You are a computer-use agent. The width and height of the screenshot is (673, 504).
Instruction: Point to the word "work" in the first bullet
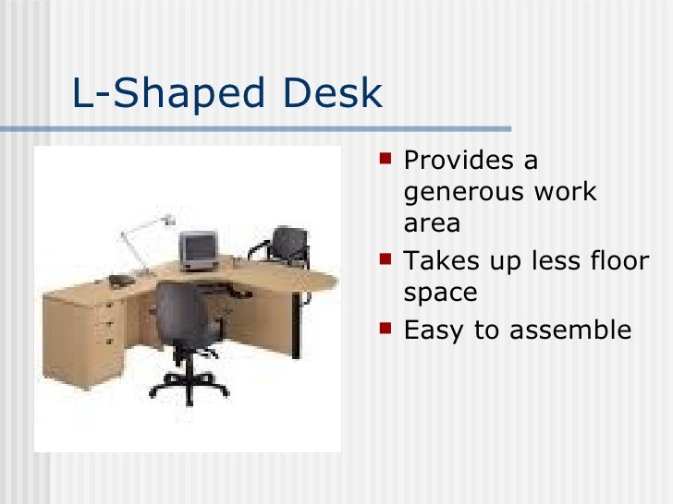tap(567, 193)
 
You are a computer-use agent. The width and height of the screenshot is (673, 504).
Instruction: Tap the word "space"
tap(440, 294)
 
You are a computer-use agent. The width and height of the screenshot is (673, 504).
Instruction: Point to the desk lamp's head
tap(168, 220)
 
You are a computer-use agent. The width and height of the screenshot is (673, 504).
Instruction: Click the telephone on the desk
tap(120, 280)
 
